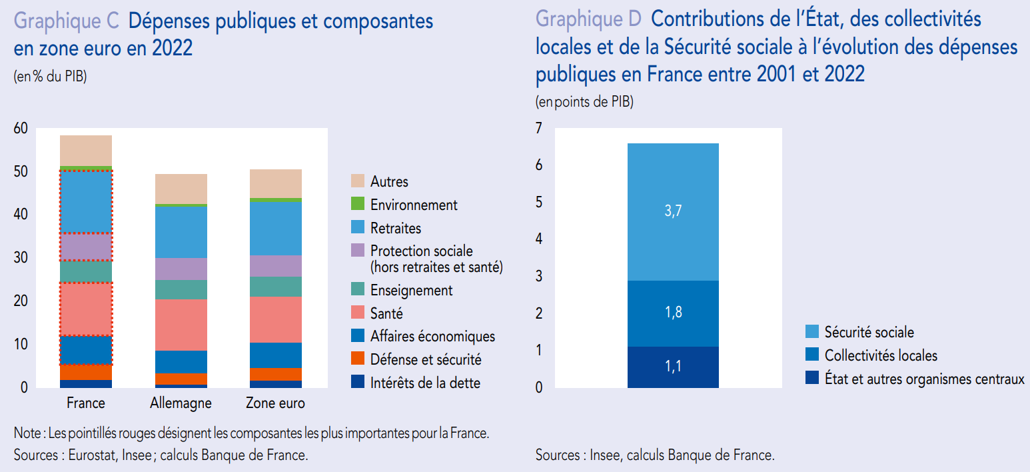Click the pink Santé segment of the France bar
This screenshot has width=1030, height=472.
coord(86,309)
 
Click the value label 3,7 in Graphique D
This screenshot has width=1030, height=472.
coord(673,211)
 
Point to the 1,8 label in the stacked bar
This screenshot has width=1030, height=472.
coord(673,313)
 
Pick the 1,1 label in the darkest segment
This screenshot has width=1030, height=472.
coord(673,366)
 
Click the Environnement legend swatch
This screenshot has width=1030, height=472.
coord(358,205)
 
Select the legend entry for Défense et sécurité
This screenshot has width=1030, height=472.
coord(425,360)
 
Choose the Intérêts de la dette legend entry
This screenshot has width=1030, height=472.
coord(425,383)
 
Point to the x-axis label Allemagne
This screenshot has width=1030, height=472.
coord(181,403)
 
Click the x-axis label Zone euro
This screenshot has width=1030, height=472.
coord(275,403)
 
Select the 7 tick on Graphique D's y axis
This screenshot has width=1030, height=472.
coord(540,128)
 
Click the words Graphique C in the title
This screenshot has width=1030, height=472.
coord(66,21)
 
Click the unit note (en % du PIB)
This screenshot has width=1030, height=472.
coord(50,76)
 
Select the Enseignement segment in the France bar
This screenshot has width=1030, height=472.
coord(86,271)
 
